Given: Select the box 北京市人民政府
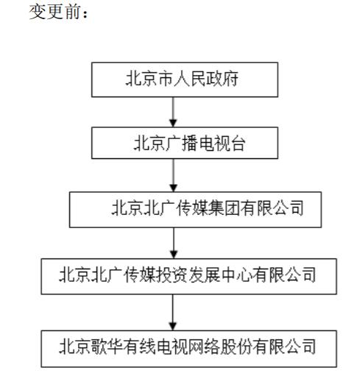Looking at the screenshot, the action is click(185, 79).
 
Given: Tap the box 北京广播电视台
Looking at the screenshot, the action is click(185, 143).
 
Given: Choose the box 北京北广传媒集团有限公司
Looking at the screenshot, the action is click(195, 210).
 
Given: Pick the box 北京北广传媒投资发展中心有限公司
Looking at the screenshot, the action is click(188, 276).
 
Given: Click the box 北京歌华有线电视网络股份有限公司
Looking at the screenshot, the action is click(188, 349).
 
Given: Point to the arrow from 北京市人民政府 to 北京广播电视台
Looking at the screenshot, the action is click(173, 112).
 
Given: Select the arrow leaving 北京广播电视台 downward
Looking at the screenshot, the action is click(173, 175).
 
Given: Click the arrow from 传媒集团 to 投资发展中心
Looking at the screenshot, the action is click(174, 243).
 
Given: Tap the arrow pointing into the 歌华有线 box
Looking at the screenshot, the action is click(173, 312).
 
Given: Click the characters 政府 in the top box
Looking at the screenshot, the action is click(222, 79).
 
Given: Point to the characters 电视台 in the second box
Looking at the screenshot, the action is click(222, 143).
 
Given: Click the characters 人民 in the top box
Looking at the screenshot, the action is click(190, 79).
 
